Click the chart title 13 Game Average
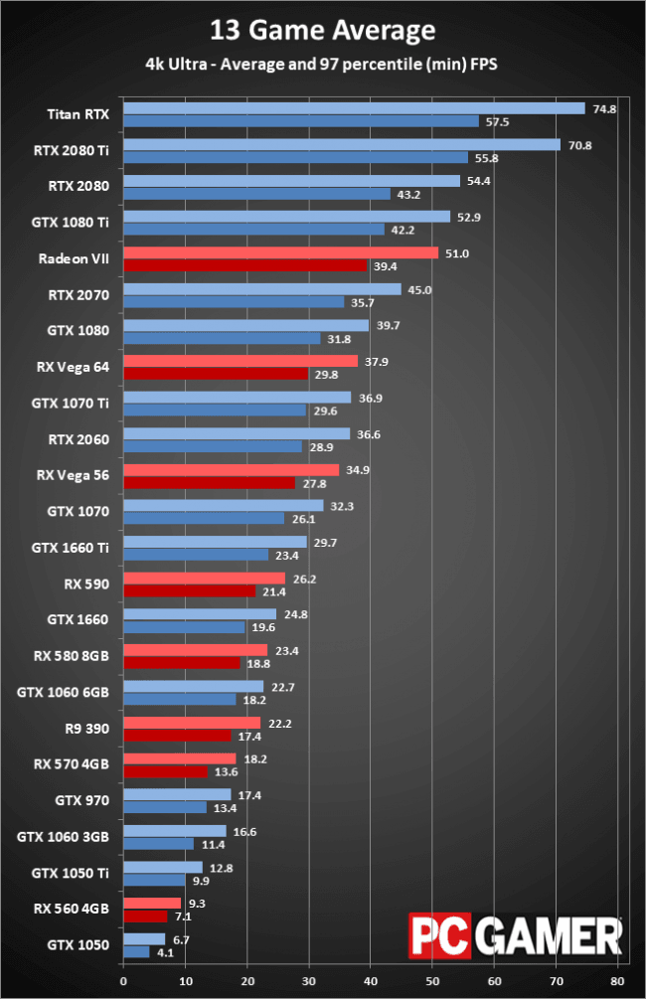click(x=322, y=31)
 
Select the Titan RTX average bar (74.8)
click(x=354, y=108)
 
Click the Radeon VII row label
click(x=74, y=258)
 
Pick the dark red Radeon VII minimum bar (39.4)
click(x=244, y=265)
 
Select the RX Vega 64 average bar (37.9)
click(x=240, y=361)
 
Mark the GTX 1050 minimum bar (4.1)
click(x=136, y=951)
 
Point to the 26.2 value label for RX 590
click(x=302, y=578)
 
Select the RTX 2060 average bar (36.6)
click(x=237, y=433)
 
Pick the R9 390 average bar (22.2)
click(x=192, y=723)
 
